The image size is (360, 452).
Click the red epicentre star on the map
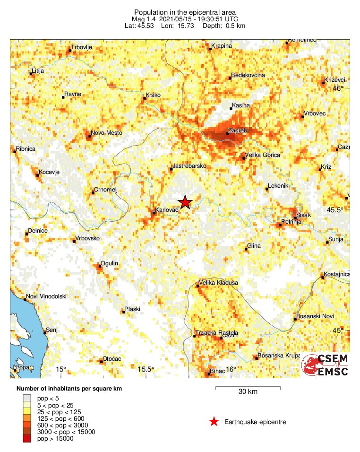coord(185,202)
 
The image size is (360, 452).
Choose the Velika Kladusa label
coord(219,283)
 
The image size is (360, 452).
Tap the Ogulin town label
coord(109,263)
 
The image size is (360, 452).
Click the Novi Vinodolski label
coord(46,296)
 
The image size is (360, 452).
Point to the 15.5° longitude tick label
coord(146,369)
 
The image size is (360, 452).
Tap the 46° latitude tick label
coord(338,88)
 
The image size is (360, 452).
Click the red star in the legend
coord(214,422)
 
